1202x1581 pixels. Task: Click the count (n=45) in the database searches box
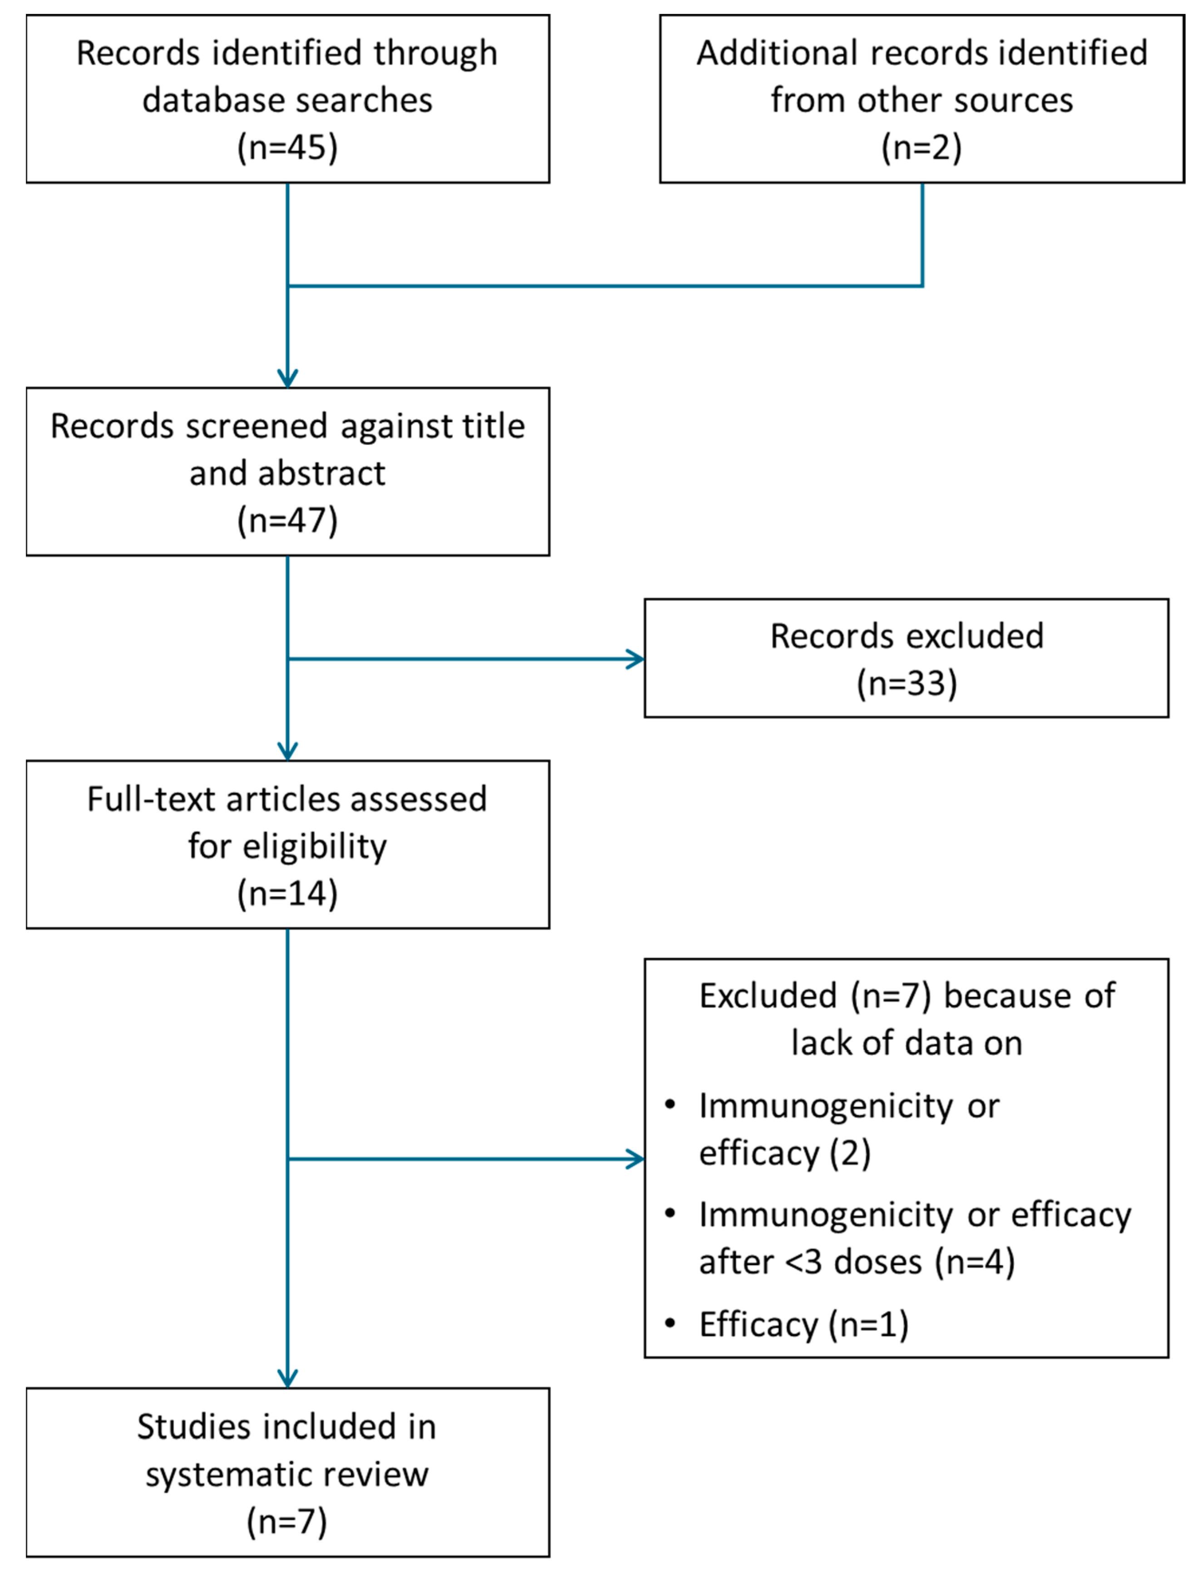pyautogui.click(x=287, y=148)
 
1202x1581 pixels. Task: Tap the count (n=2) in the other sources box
pyautogui.click(x=921, y=148)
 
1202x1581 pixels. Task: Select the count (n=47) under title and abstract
pyautogui.click(x=287, y=520)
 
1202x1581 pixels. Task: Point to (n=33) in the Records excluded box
pyautogui.click(x=906, y=683)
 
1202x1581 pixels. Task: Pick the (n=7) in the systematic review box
pyautogui.click(x=287, y=1522)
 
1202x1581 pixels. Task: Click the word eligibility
pyautogui.click(x=315, y=847)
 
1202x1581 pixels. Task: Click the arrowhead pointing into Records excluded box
pyautogui.click(x=636, y=659)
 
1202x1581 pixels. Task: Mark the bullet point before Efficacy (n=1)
pyautogui.click(x=670, y=1323)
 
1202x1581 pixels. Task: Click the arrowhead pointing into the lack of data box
pyautogui.click(x=636, y=1159)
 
